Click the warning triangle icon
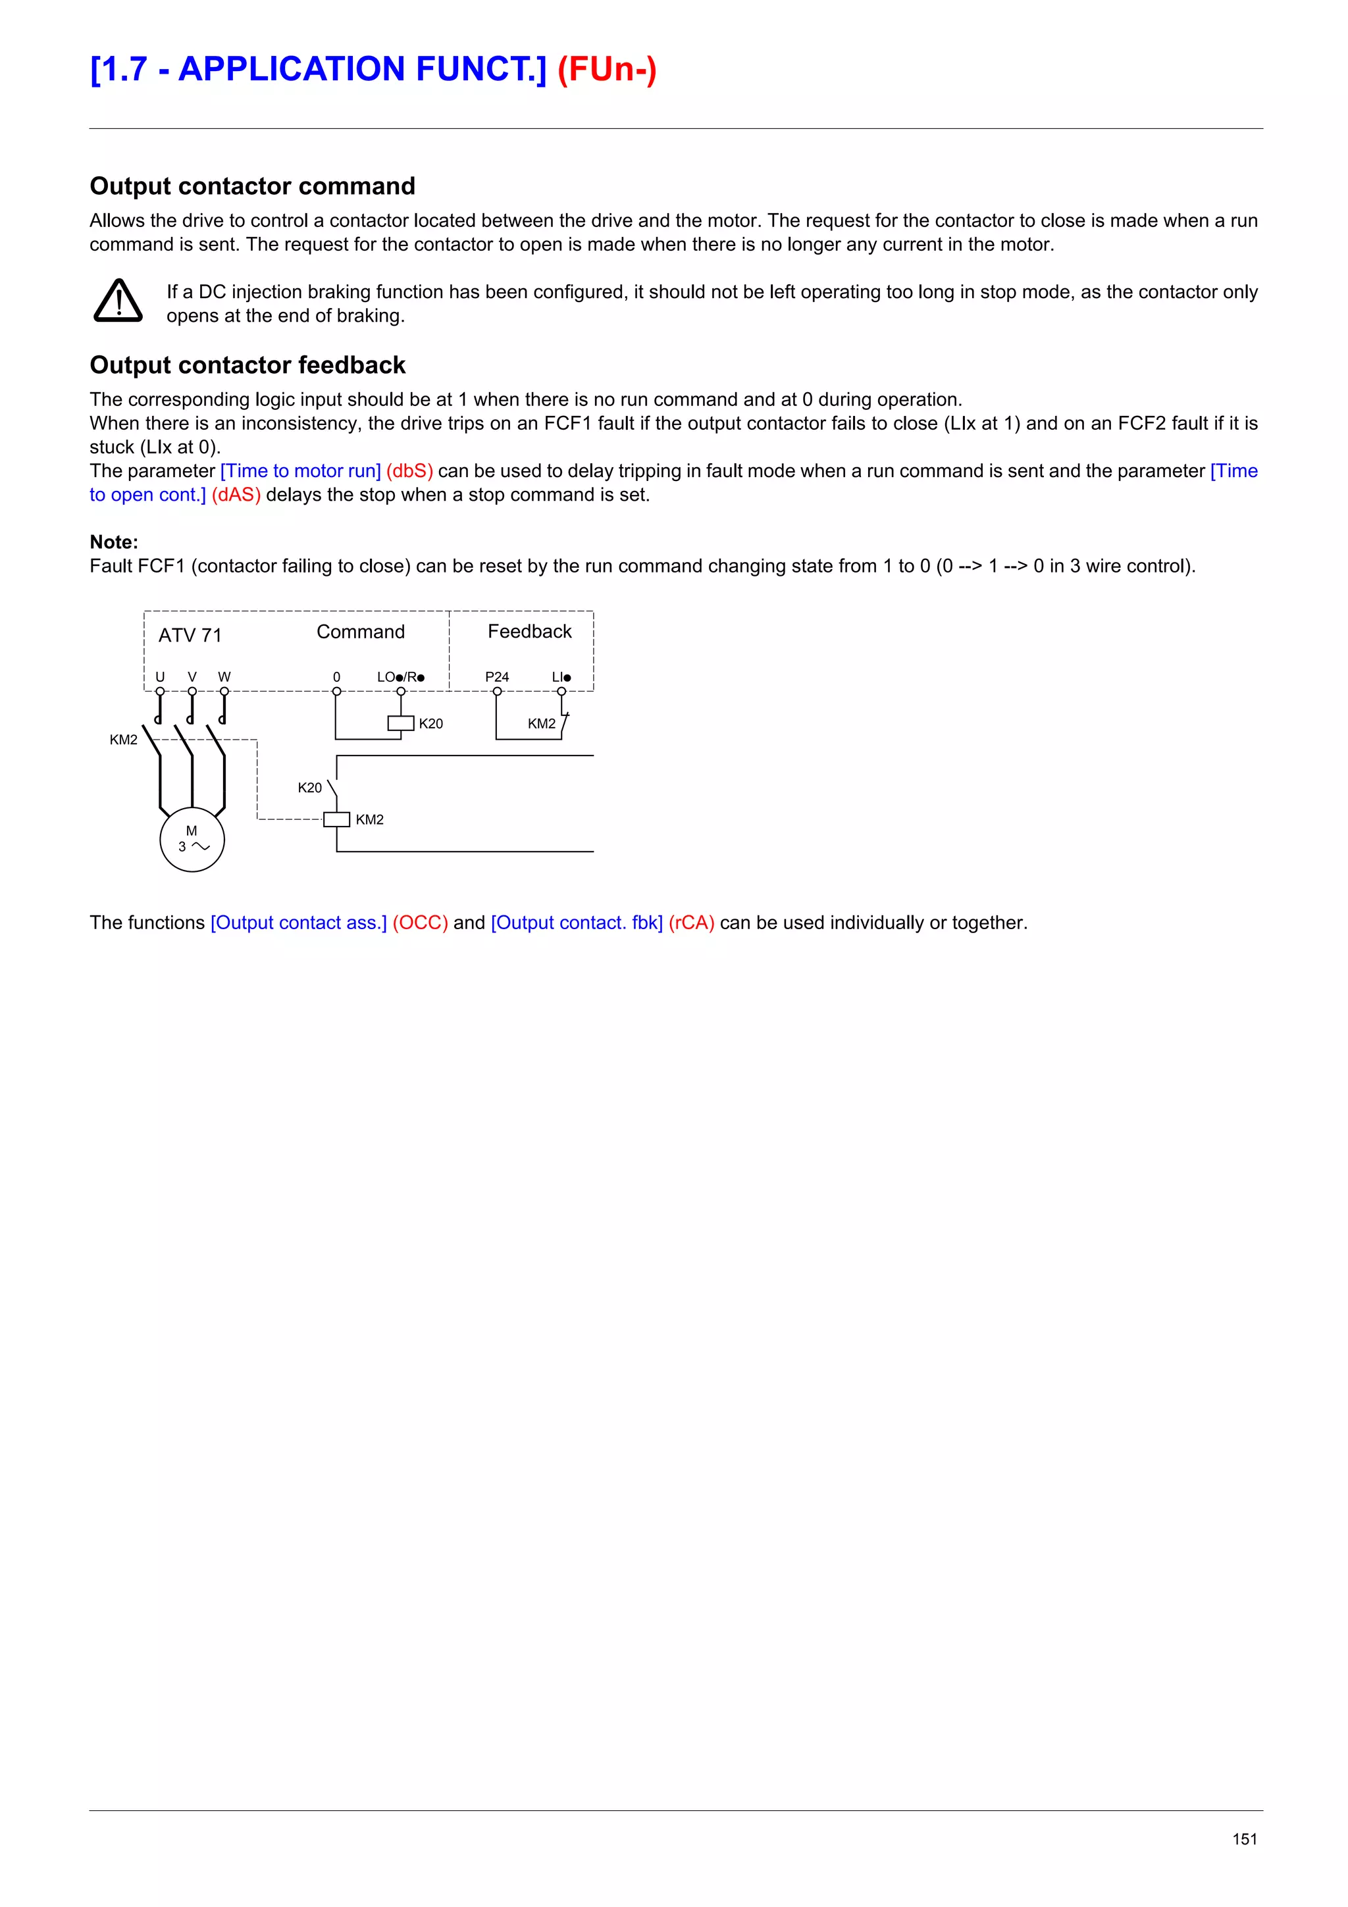click(x=118, y=301)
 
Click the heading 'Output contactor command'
click(x=251, y=186)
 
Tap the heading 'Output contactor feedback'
click(x=247, y=365)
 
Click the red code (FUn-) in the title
click(x=606, y=69)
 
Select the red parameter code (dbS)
click(x=409, y=471)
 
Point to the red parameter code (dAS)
click(x=236, y=495)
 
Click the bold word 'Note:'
click(x=114, y=542)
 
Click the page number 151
click(x=1244, y=1839)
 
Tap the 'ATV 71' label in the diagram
click(x=190, y=636)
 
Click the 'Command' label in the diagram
click(x=361, y=632)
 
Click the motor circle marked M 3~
click(x=192, y=839)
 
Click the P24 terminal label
click(x=497, y=677)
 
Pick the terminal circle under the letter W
click(x=224, y=691)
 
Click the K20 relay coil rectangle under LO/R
click(x=400, y=723)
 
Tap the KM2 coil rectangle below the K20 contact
click(x=336, y=820)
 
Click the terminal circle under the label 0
click(x=336, y=691)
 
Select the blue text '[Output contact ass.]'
click(x=298, y=923)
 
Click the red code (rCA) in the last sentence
click(x=691, y=923)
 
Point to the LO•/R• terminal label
click(x=400, y=677)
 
